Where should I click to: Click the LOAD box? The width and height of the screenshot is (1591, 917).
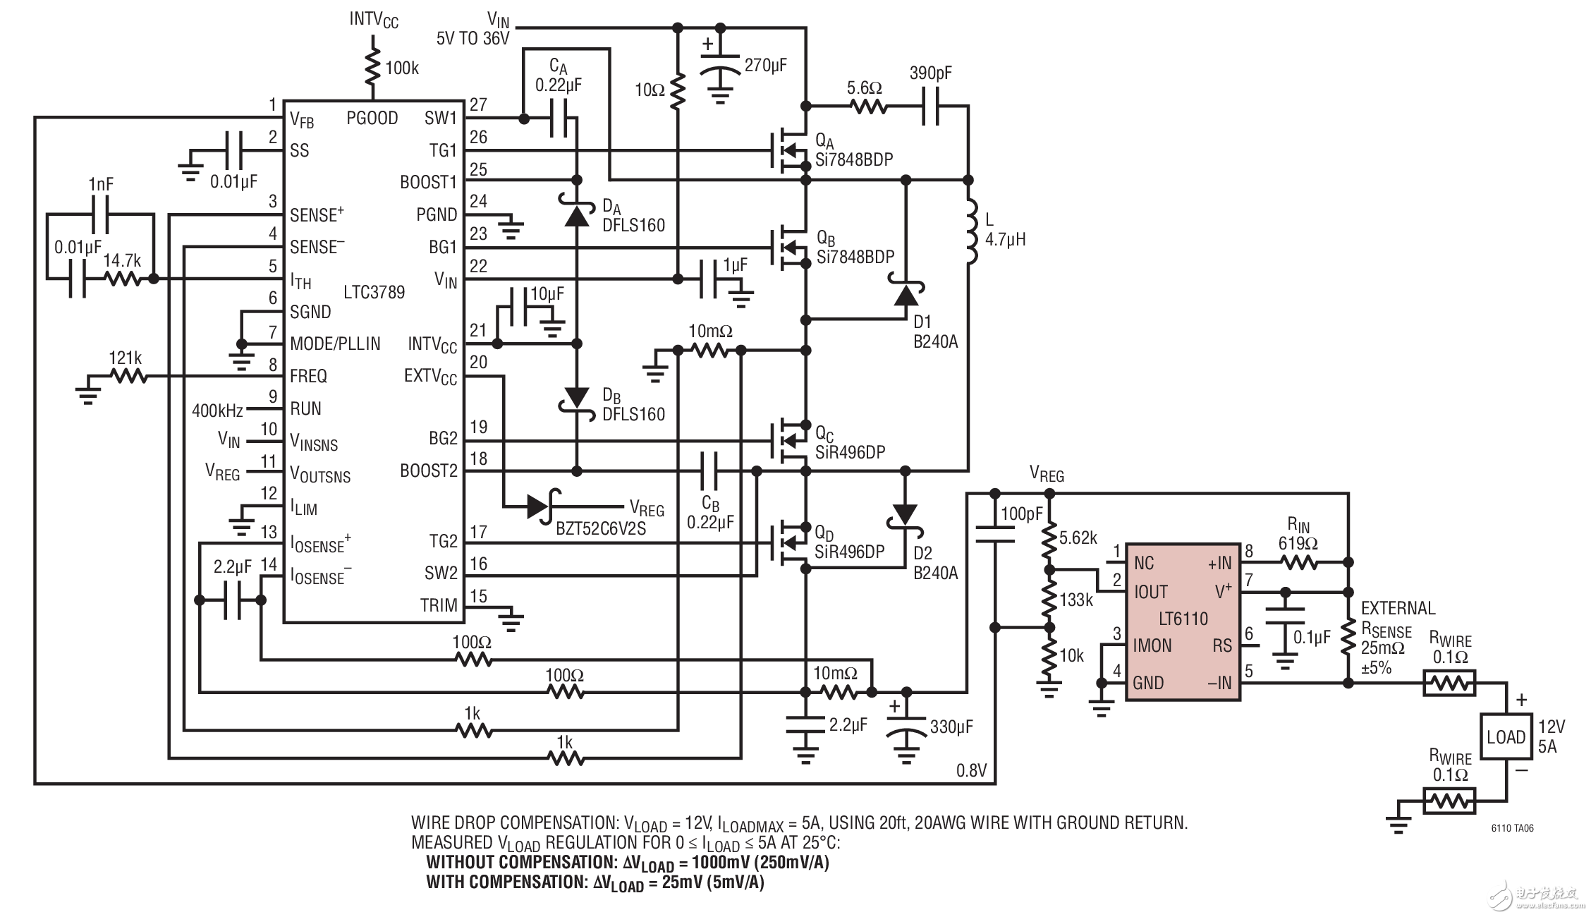[x=1506, y=737]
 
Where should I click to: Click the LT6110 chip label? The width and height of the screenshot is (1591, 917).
[x=1183, y=619]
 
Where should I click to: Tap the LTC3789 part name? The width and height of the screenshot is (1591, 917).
[x=374, y=292]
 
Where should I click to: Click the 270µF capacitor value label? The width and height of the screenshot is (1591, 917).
[x=765, y=66]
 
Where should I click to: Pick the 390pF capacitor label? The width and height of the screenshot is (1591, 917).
[x=930, y=73]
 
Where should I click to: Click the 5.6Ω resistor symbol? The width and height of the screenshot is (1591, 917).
[x=868, y=107]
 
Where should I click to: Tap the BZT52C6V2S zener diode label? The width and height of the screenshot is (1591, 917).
[x=600, y=528]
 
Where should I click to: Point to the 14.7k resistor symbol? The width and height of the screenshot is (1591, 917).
[x=123, y=279]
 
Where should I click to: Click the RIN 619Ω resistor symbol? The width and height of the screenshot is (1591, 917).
[x=1298, y=562]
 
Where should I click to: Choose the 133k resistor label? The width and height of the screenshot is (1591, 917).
[x=1076, y=600]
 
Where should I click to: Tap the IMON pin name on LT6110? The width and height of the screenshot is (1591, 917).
[x=1152, y=645]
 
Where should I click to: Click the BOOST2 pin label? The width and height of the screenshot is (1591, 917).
[x=428, y=470]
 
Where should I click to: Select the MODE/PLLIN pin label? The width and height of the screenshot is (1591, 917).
[x=335, y=344]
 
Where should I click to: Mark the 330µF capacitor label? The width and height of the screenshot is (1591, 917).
[x=951, y=727]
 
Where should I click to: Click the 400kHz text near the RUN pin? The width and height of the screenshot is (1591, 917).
[x=217, y=411]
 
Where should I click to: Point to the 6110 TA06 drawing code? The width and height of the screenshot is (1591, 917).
[x=1512, y=828]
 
